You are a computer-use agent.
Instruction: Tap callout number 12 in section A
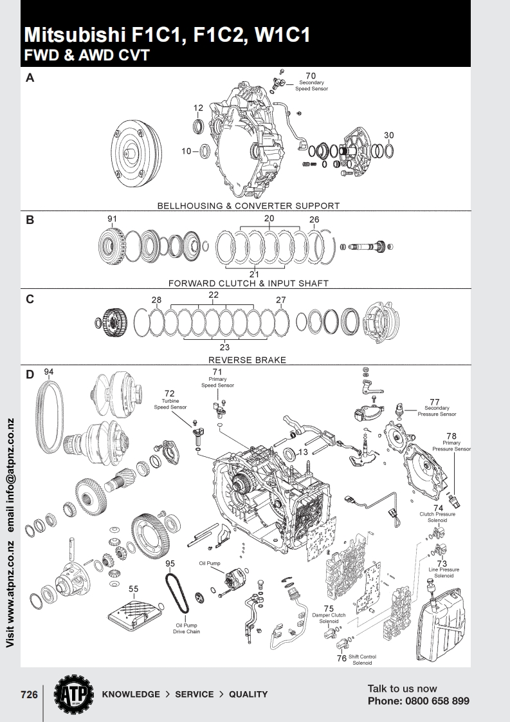coord(198,107)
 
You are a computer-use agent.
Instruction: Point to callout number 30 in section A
coord(388,135)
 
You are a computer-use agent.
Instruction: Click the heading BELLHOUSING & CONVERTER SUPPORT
coord(248,206)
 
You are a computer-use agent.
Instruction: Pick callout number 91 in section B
coord(113,219)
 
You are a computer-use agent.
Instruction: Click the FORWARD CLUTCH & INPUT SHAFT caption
coord(248,283)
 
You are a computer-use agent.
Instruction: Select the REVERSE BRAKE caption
coord(247,360)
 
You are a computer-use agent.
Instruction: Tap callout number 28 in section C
coord(156,300)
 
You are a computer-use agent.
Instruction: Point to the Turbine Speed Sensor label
coord(170,403)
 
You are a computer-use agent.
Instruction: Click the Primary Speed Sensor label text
coord(217,382)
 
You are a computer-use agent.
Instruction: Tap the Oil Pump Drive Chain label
coord(187,628)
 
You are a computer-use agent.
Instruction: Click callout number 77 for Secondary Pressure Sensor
coord(435,402)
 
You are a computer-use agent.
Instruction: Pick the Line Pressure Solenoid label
coord(443,573)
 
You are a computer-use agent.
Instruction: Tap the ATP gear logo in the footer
coord(72,694)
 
